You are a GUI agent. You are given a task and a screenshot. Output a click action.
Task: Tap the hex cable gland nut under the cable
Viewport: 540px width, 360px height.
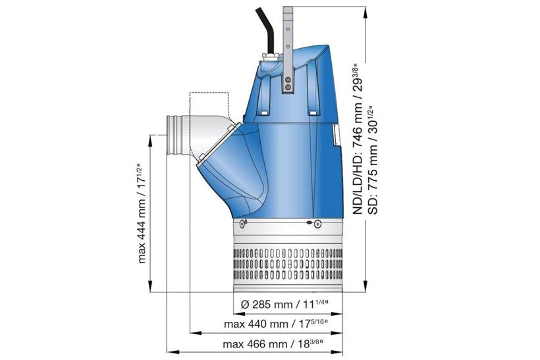point(269,61)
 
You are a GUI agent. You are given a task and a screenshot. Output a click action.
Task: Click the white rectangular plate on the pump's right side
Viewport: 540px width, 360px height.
point(336,135)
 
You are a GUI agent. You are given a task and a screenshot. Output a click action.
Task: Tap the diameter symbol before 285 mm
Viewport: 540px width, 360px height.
point(244,305)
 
